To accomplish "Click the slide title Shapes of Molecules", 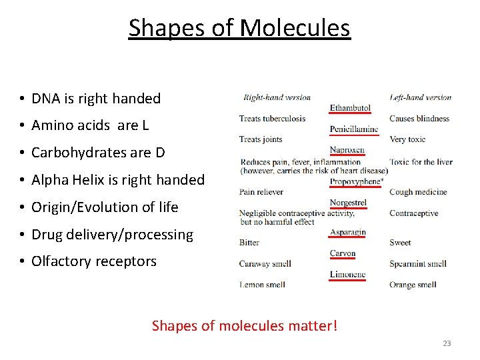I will tap(239, 28).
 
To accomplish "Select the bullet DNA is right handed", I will tap(96, 99).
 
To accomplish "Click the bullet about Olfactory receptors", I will tap(94, 261).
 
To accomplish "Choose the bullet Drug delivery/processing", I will tap(112, 235).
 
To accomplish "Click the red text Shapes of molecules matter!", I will tap(245, 326).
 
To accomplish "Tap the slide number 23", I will tap(447, 343).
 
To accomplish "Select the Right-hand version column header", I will tap(277, 97).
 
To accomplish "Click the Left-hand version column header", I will tap(421, 97).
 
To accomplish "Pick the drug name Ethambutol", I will tap(350, 108).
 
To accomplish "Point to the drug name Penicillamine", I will tap(354, 129).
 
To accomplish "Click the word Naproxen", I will tap(347, 150).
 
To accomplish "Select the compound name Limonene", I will tap(347, 275).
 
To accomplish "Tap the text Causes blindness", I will tap(419, 119).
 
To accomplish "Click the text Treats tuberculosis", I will tap(272, 119).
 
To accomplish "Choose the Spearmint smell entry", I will tap(418, 264).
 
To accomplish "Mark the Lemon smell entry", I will tap(262, 285).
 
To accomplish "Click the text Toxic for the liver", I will tap(421, 161).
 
